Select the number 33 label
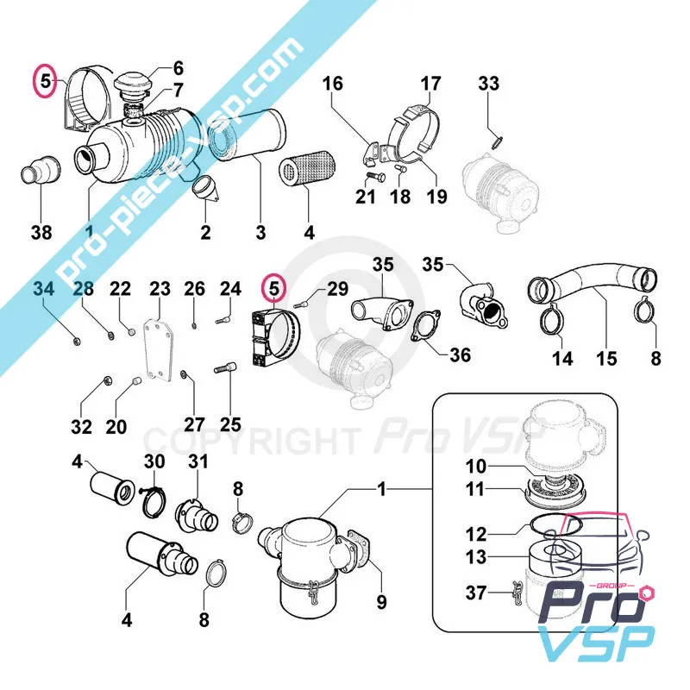pyautogui.click(x=488, y=84)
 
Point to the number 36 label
pyautogui.click(x=461, y=354)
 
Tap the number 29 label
pyautogui.click(x=336, y=287)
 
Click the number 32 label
pyautogui.click(x=81, y=427)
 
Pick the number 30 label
pyautogui.click(x=154, y=461)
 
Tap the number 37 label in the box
pyautogui.click(x=477, y=592)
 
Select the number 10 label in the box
pyautogui.click(x=477, y=467)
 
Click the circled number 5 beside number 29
pyautogui.click(x=274, y=285)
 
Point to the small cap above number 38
pyautogui.click(x=39, y=169)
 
